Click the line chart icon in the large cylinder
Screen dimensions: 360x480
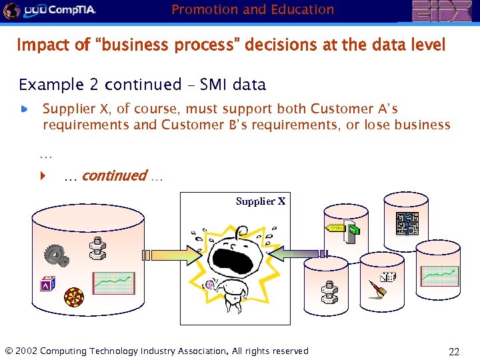[x=113, y=283]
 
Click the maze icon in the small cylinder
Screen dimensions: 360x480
[x=407, y=223]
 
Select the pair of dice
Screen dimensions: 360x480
[x=387, y=277]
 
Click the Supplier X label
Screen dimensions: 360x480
[x=260, y=201]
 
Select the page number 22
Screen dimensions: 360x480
[x=454, y=351]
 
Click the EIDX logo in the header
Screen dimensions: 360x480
[x=441, y=11]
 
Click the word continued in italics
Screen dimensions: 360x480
[x=114, y=176]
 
